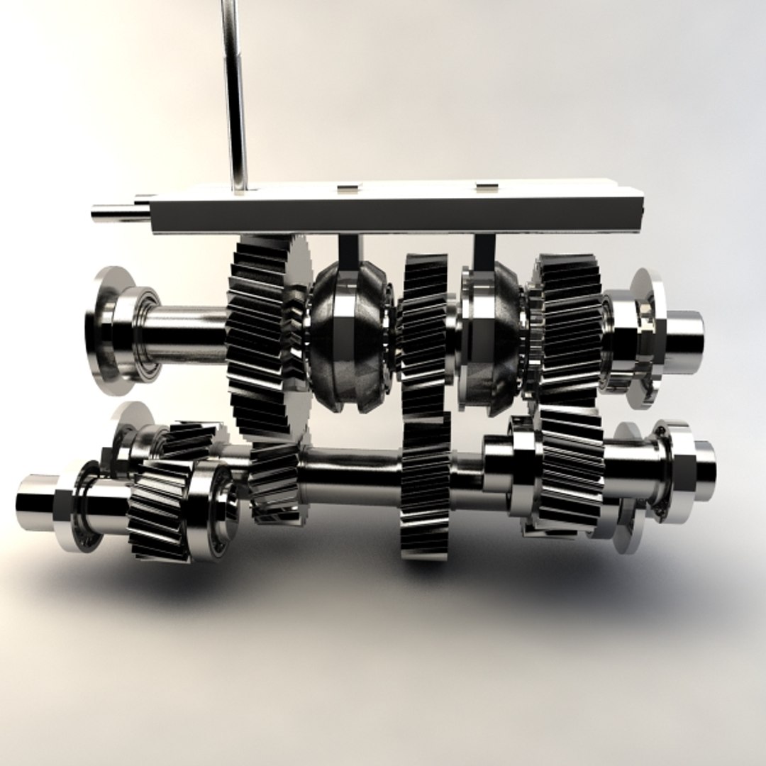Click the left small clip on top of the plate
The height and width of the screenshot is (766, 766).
(348, 187)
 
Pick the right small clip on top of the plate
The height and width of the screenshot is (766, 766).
(486, 187)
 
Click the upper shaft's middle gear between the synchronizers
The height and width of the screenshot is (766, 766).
(424, 333)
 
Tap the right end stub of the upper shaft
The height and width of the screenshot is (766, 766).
(684, 333)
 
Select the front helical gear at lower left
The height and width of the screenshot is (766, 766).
(160, 507)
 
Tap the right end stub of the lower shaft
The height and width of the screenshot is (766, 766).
(702, 461)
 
